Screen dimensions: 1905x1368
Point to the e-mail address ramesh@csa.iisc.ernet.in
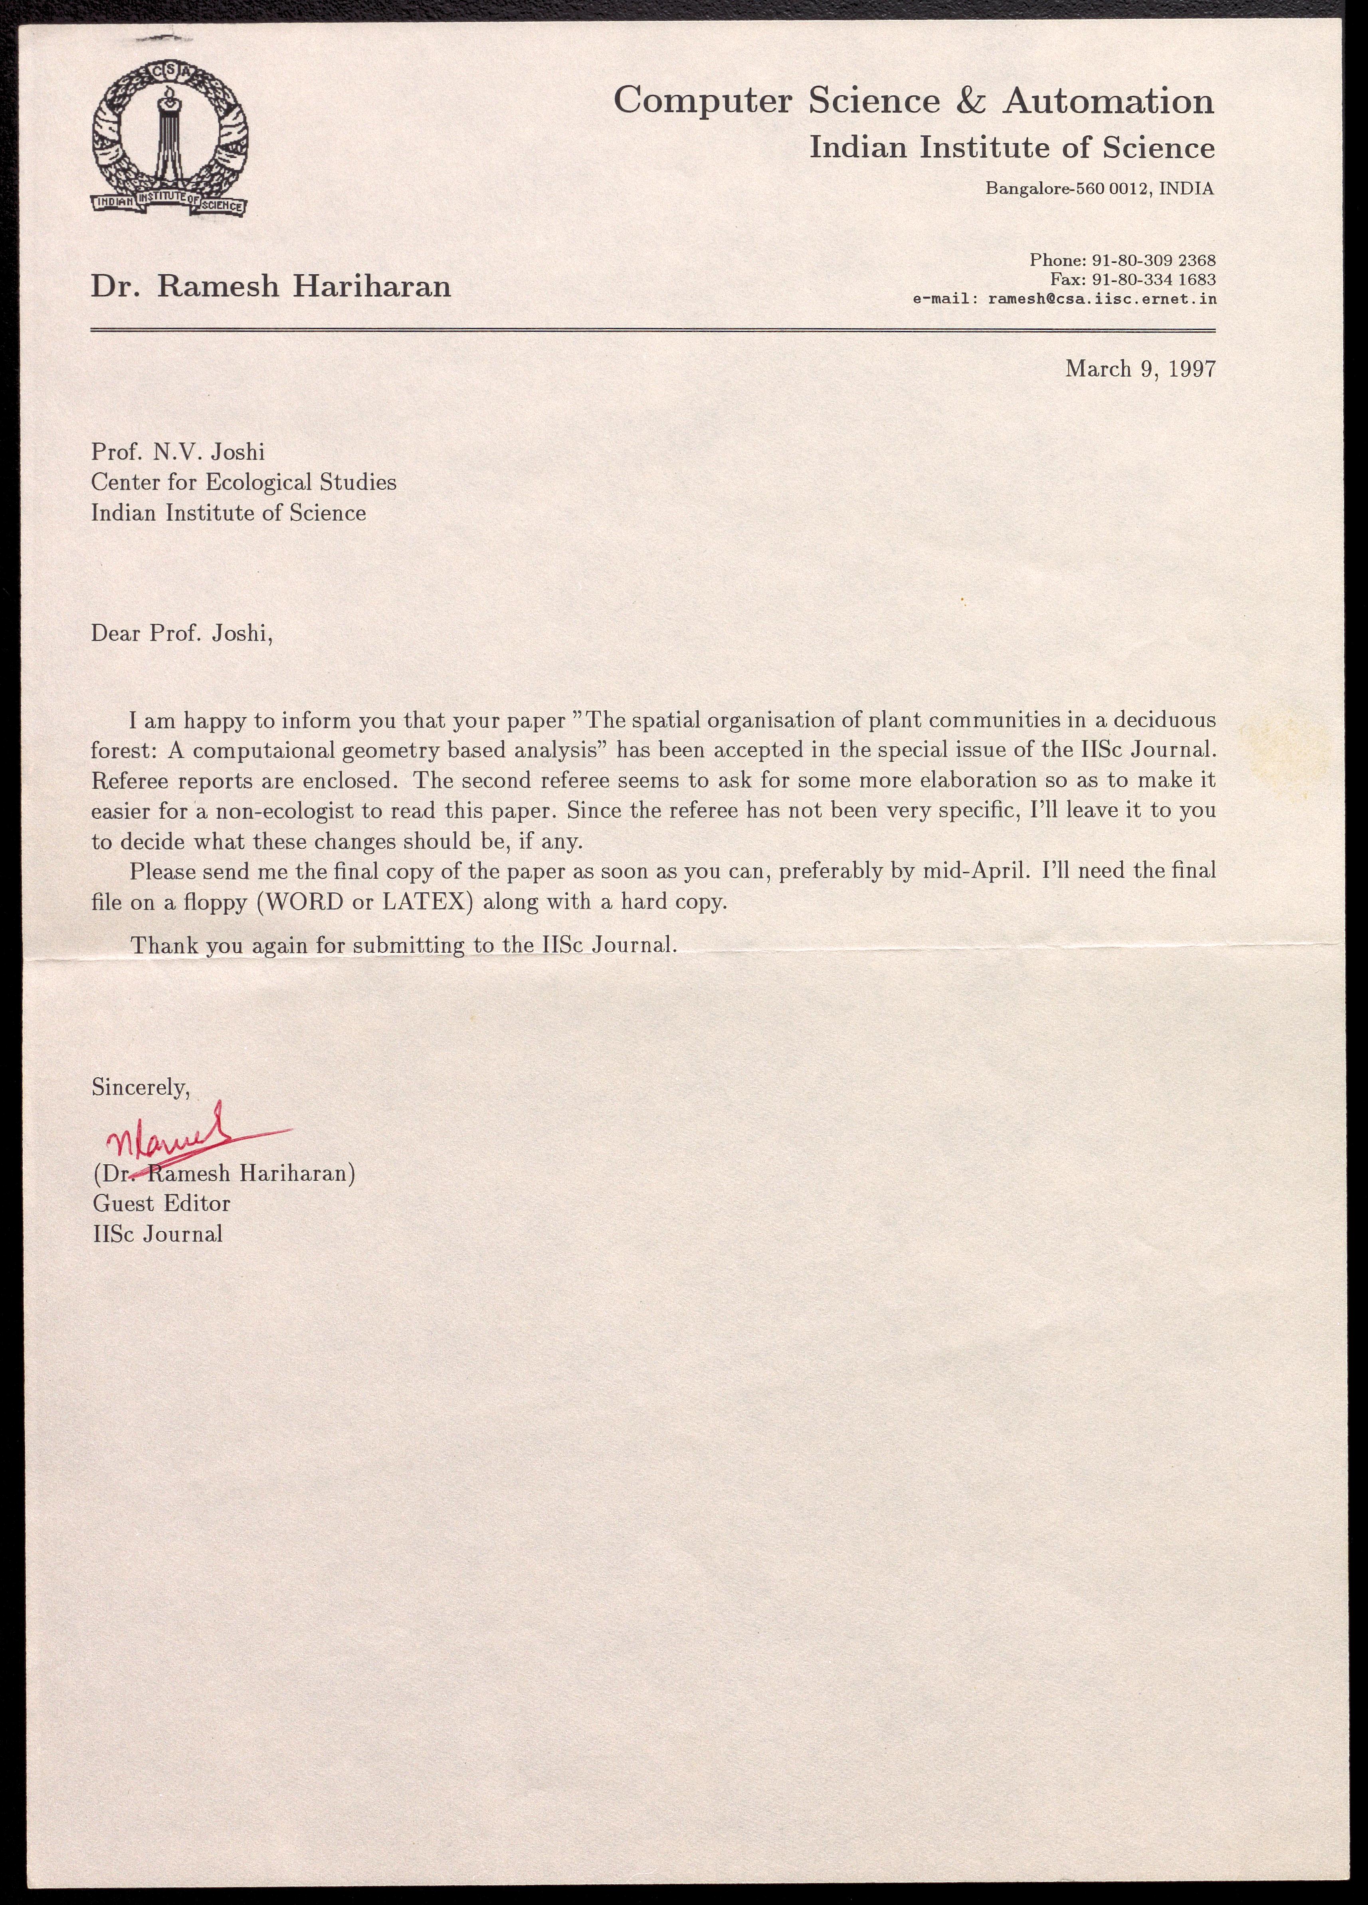point(1102,298)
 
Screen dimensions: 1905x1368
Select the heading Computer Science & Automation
point(914,102)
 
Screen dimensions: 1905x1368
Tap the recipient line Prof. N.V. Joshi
point(178,453)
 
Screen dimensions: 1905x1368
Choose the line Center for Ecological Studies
point(244,482)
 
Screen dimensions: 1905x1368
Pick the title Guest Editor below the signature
point(161,1203)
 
